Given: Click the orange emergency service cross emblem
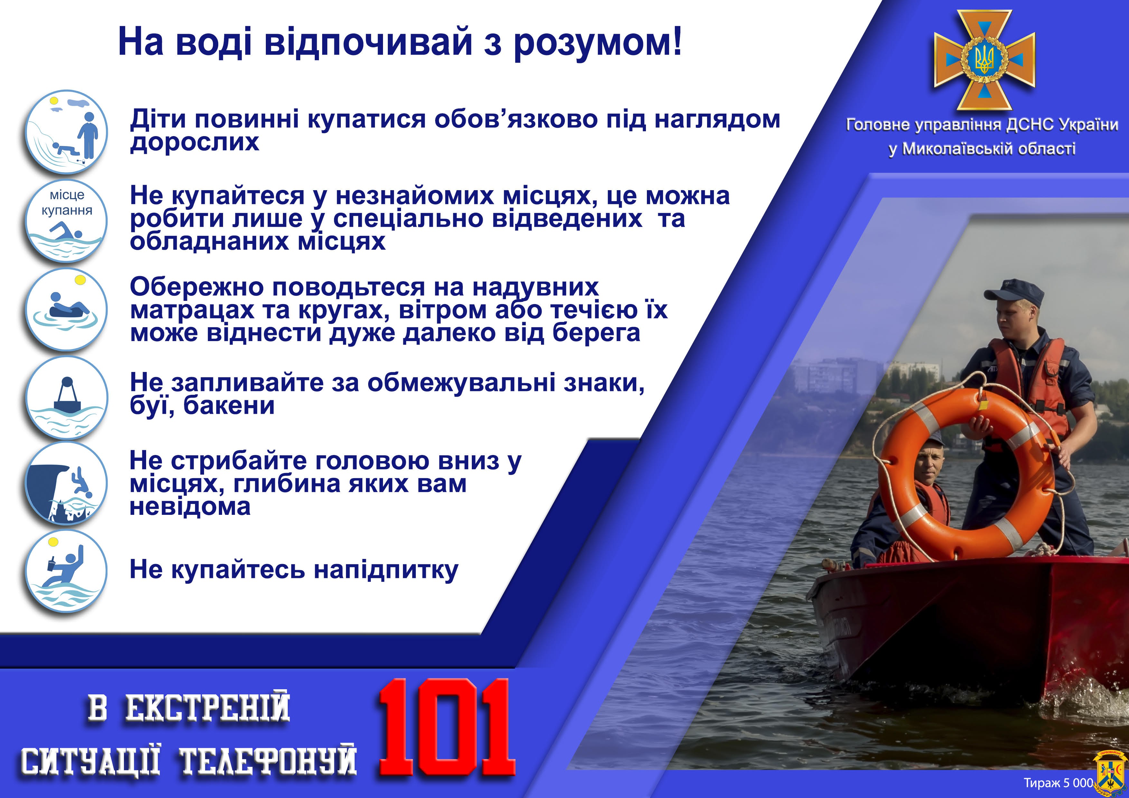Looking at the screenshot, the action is pos(984,60).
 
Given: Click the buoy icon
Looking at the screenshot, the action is pos(66,397).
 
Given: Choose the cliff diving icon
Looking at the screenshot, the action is pos(66,483).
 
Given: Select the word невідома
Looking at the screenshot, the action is pos(190,506).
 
